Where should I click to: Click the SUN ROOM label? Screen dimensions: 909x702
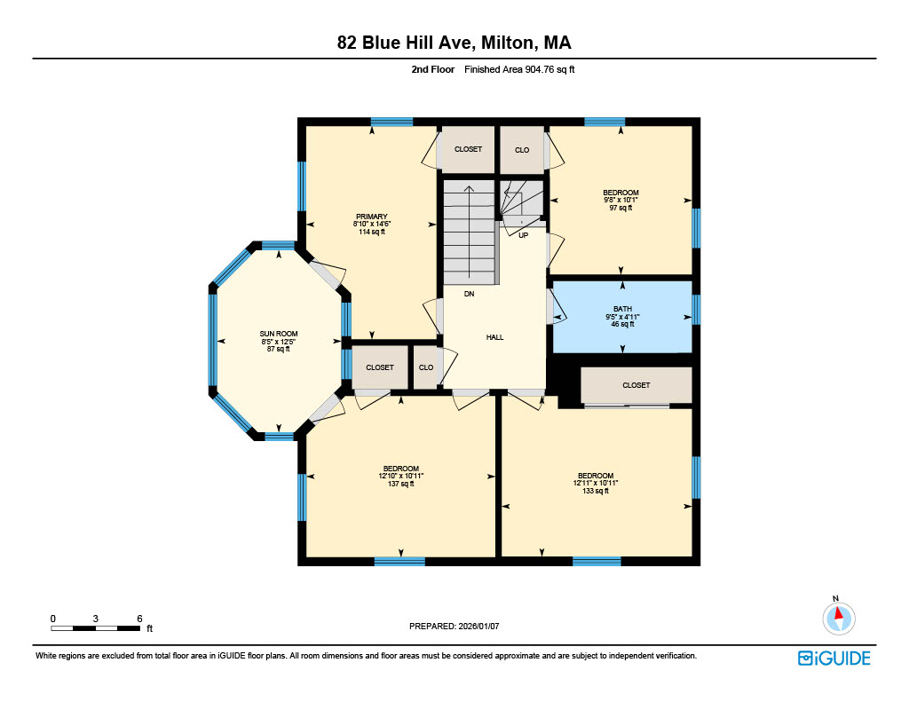278,334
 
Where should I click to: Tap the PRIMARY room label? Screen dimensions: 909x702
372,217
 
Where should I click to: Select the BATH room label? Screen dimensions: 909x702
622,309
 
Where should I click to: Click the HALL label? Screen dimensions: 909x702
494,336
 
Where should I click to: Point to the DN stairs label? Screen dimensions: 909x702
469,294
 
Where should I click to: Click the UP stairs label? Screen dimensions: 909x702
523,235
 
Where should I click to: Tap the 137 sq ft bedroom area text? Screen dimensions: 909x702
400,484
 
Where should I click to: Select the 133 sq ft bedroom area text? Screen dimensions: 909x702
596,491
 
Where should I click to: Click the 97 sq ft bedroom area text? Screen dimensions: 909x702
620,208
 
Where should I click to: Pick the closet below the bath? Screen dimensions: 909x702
636,385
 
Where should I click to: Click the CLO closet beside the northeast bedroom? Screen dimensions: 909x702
522,150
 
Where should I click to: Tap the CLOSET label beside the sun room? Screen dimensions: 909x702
380,367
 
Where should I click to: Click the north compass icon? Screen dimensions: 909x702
838,618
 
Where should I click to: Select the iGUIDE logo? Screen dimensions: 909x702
834,658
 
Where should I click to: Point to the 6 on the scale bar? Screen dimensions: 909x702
139,619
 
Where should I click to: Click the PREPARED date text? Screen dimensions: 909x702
454,626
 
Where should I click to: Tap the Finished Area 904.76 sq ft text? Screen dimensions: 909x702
519,69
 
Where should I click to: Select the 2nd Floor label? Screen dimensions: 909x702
433,69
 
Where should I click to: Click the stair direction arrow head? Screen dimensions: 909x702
469,188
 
